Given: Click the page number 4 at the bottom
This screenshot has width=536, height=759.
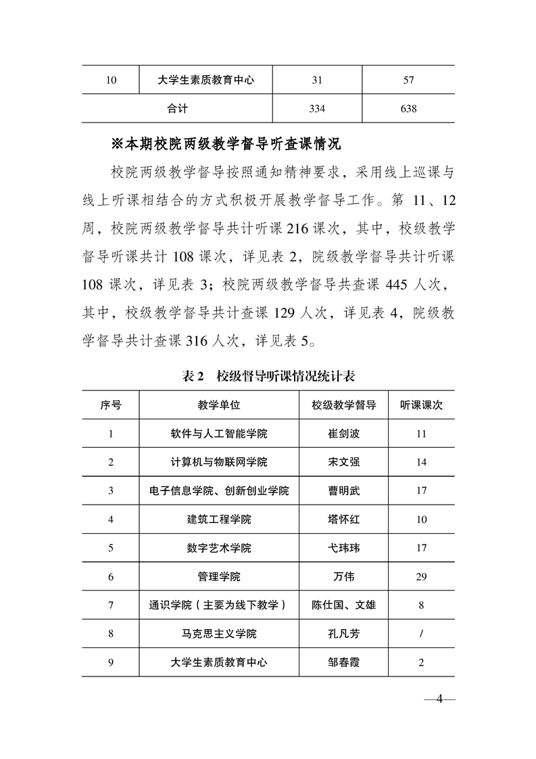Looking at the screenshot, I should [x=439, y=699].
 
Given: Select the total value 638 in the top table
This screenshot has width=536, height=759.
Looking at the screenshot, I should [x=408, y=108].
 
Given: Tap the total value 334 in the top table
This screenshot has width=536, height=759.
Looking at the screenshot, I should [x=317, y=108].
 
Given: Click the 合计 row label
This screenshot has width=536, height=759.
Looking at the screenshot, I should [x=177, y=108].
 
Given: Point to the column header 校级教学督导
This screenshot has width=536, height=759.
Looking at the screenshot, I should [x=343, y=405].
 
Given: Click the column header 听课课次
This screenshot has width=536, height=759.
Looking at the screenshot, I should [x=421, y=405].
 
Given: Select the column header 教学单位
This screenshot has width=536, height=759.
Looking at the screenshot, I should [x=219, y=405].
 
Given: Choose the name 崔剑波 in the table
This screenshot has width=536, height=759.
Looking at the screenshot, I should [x=343, y=434].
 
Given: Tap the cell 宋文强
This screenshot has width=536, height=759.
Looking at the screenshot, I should [x=343, y=462].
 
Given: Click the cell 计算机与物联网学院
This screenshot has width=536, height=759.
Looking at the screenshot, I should [x=219, y=462].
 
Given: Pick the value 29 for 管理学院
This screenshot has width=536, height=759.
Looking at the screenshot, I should [x=421, y=577].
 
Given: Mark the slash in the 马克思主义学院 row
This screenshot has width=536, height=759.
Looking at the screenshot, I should [x=421, y=634].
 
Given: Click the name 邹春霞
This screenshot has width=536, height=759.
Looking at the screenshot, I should [x=343, y=662].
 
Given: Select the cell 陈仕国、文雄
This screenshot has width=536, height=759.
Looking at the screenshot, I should [x=343, y=605].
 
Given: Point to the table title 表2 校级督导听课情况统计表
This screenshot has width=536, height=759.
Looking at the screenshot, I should [x=268, y=376].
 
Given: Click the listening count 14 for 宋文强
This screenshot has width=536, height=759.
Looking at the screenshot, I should [x=421, y=462].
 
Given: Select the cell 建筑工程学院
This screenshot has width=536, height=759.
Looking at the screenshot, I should [x=219, y=520].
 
